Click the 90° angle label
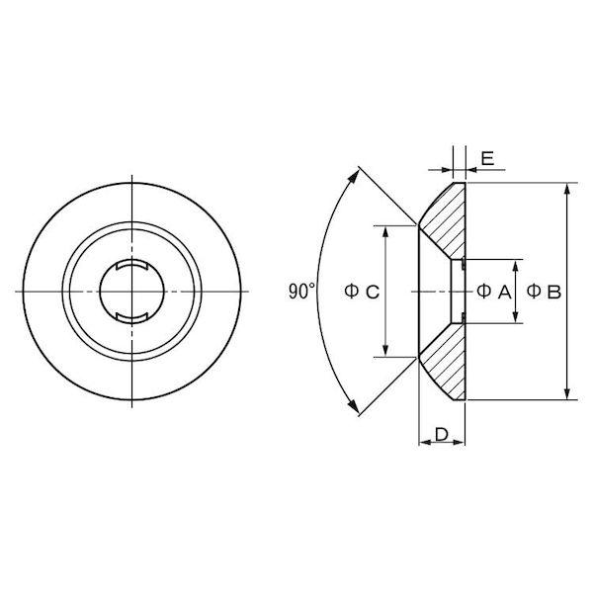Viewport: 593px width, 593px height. [301, 292]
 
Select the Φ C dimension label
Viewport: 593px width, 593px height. [362, 292]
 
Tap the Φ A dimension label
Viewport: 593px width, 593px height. [494, 292]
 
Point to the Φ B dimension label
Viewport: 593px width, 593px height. [544, 292]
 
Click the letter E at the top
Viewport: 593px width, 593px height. [487, 158]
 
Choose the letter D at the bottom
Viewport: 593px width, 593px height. [442, 435]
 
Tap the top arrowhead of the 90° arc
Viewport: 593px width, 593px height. [355, 176]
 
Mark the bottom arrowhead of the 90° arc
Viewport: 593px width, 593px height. [354, 406]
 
